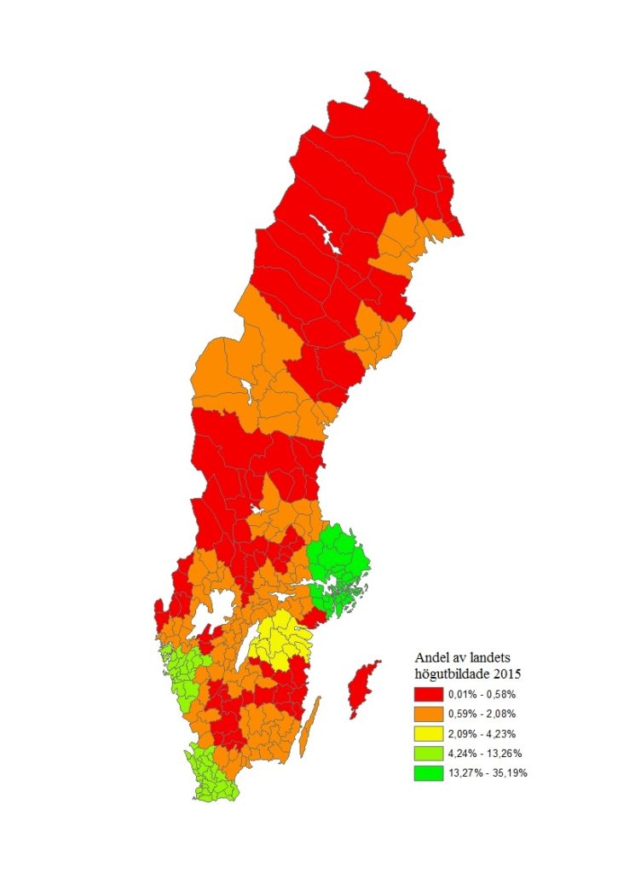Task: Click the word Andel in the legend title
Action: [432, 657]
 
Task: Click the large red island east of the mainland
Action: [361, 689]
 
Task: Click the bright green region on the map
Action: [338, 567]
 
